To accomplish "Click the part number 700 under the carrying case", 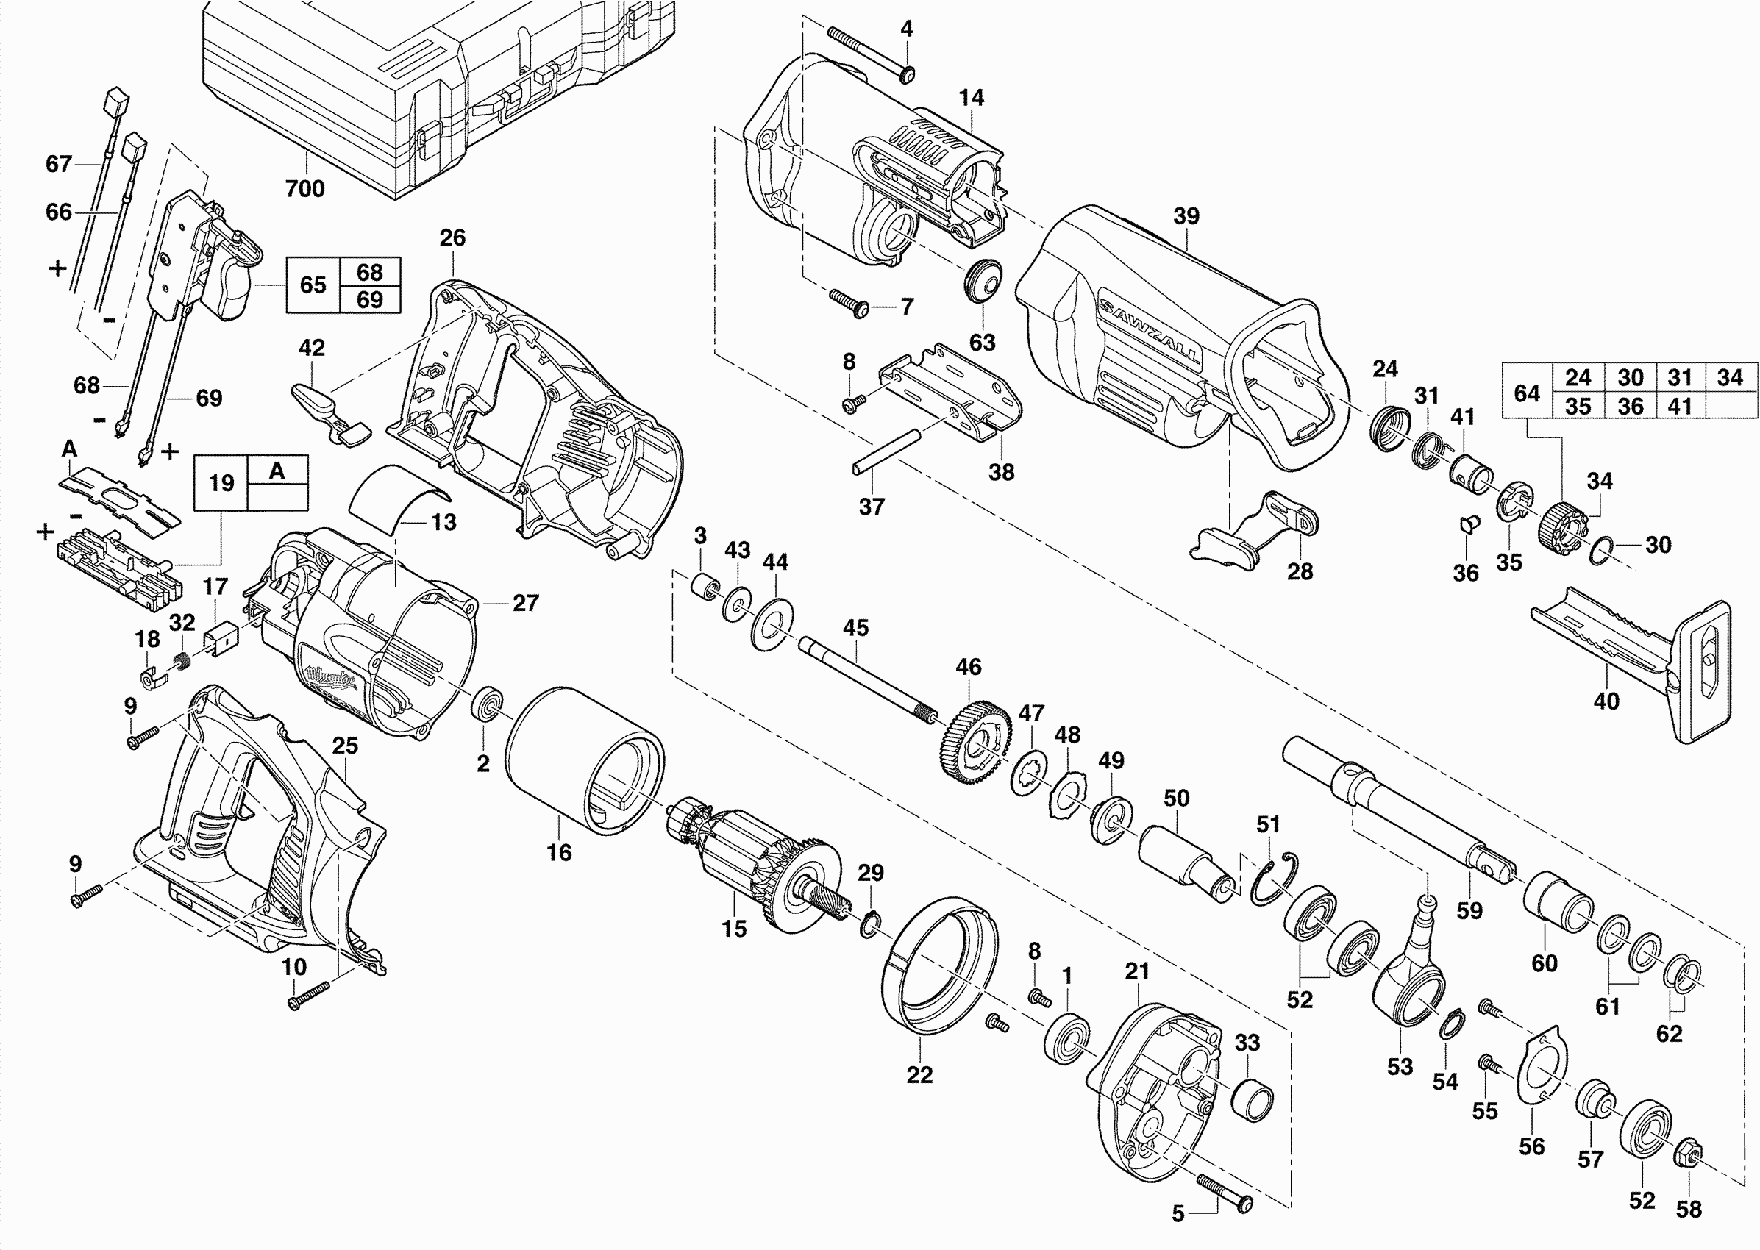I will (305, 188).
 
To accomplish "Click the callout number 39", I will (1186, 216).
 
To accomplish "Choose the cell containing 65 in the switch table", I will (313, 285).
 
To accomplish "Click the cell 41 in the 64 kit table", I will (1679, 406).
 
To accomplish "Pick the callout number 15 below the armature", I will (734, 929).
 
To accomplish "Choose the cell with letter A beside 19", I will (277, 471).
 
